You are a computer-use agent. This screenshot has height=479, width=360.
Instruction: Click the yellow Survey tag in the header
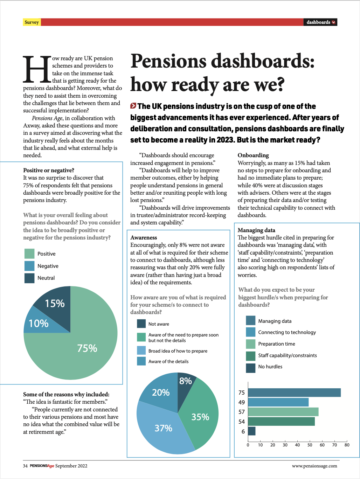[x=32, y=22]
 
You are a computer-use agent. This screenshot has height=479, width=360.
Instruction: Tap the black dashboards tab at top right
[x=320, y=22]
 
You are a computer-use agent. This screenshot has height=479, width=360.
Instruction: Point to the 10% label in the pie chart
[x=39, y=323]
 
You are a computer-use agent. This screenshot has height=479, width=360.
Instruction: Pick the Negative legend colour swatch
[x=29, y=266]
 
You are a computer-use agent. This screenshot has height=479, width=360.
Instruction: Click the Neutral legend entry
[x=46, y=278]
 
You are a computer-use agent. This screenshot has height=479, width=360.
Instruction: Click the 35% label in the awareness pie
[x=200, y=417]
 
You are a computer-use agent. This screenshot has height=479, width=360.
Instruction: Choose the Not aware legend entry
[x=158, y=324]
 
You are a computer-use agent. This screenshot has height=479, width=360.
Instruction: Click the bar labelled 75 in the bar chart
[x=294, y=393]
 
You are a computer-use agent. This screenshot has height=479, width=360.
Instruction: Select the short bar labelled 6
[x=252, y=431]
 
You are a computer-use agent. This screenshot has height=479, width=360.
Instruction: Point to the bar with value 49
[x=278, y=402]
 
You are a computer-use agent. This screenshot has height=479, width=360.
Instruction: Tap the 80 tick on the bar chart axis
[x=347, y=445]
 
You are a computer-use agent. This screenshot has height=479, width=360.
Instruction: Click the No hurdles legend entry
[x=270, y=367]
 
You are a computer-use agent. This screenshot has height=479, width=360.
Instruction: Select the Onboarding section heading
[x=253, y=155]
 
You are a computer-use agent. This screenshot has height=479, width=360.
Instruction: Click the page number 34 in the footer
[x=25, y=466]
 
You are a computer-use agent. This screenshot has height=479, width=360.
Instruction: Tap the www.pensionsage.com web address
[x=314, y=466]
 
